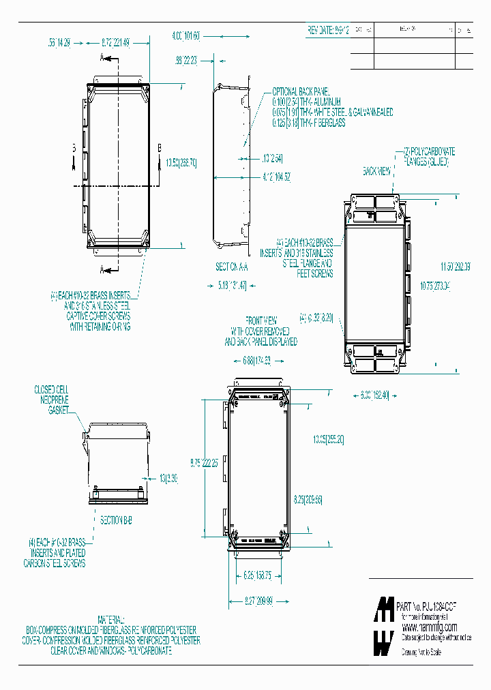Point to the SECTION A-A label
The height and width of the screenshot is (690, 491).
[x=231, y=267]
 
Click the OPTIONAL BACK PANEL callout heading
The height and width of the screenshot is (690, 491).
[x=301, y=91]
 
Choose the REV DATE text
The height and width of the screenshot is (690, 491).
[x=329, y=31]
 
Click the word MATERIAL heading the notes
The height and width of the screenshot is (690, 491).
[x=113, y=622]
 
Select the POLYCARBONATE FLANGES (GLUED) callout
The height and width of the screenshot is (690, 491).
[x=428, y=155]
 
